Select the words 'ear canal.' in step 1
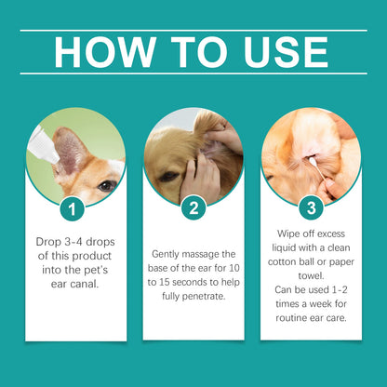73,286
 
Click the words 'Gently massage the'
193,254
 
